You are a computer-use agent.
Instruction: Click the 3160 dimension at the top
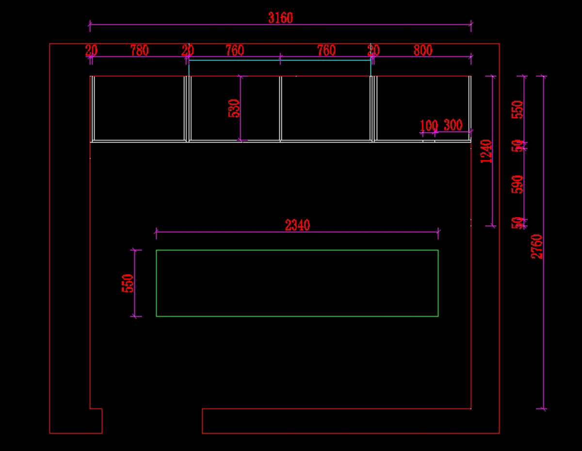(x=280, y=18)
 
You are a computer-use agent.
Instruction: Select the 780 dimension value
(x=140, y=50)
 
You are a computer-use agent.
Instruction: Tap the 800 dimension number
(x=423, y=50)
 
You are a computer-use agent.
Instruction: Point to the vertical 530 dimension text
(x=234, y=109)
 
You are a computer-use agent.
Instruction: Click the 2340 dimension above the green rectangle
(x=297, y=225)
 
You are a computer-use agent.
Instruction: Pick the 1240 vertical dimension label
(x=486, y=151)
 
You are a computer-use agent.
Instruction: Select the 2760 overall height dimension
(x=537, y=246)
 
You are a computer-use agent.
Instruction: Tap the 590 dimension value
(x=518, y=184)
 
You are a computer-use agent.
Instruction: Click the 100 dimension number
(x=429, y=126)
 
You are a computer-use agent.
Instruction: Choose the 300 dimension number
(x=453, y=125)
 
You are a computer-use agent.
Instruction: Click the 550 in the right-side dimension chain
(x=518, y=110)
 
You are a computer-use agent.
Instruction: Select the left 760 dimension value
(x=235, y=50)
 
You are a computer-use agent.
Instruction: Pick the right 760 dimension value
(x=326, y=50)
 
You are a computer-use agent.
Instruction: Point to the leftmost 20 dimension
(x=91, y=50)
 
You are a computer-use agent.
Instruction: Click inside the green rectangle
(x=297, y=283)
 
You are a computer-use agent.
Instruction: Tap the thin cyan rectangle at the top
(x=280, y=68)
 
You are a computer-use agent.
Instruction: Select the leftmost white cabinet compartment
(x=139, y=109)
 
